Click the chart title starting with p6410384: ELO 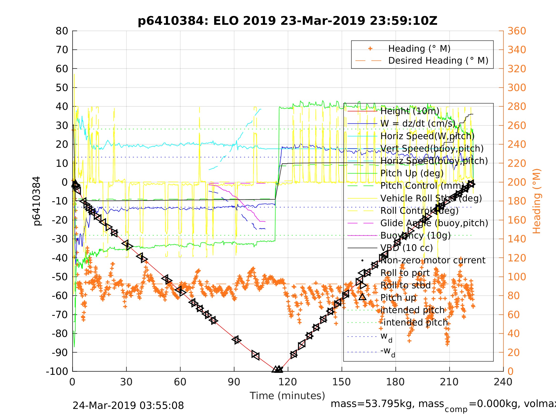pyautogui.click(x=287, y=21)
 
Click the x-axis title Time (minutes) pyautogui.click(x=287, y=396)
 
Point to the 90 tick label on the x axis pyautogui.click(x=234, y=382)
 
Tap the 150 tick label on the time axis pyautogui.click(x=341, y=382)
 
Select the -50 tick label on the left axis pyautogui.click(x=60, y=277)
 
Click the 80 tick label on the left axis pyautogui.click(x=62, y=31)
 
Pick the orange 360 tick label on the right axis pyautogui.click(x=516, y=31)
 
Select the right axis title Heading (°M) pyautogui.click(x=536, y=201)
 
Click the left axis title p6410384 pyautogui.click(x=37, y=201)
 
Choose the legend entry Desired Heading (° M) pyautogui.click(x=438, y=61)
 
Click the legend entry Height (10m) pyautogui.click(x=410, y=111)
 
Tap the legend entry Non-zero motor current pyautogui.click(x=433, y=260)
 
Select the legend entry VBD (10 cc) pyautogui.click(x=406, y=248)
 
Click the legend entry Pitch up pyautogui.click(x=398, y=298)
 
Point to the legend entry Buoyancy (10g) pyautogui.click(x=415, y=235)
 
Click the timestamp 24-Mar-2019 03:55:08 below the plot pyautogui.click(x=128, y=406)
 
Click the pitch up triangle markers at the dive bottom pyautogui.click(x=277, y=369)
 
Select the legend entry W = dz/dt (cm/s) pyautogui.click(x=418, y=123)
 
